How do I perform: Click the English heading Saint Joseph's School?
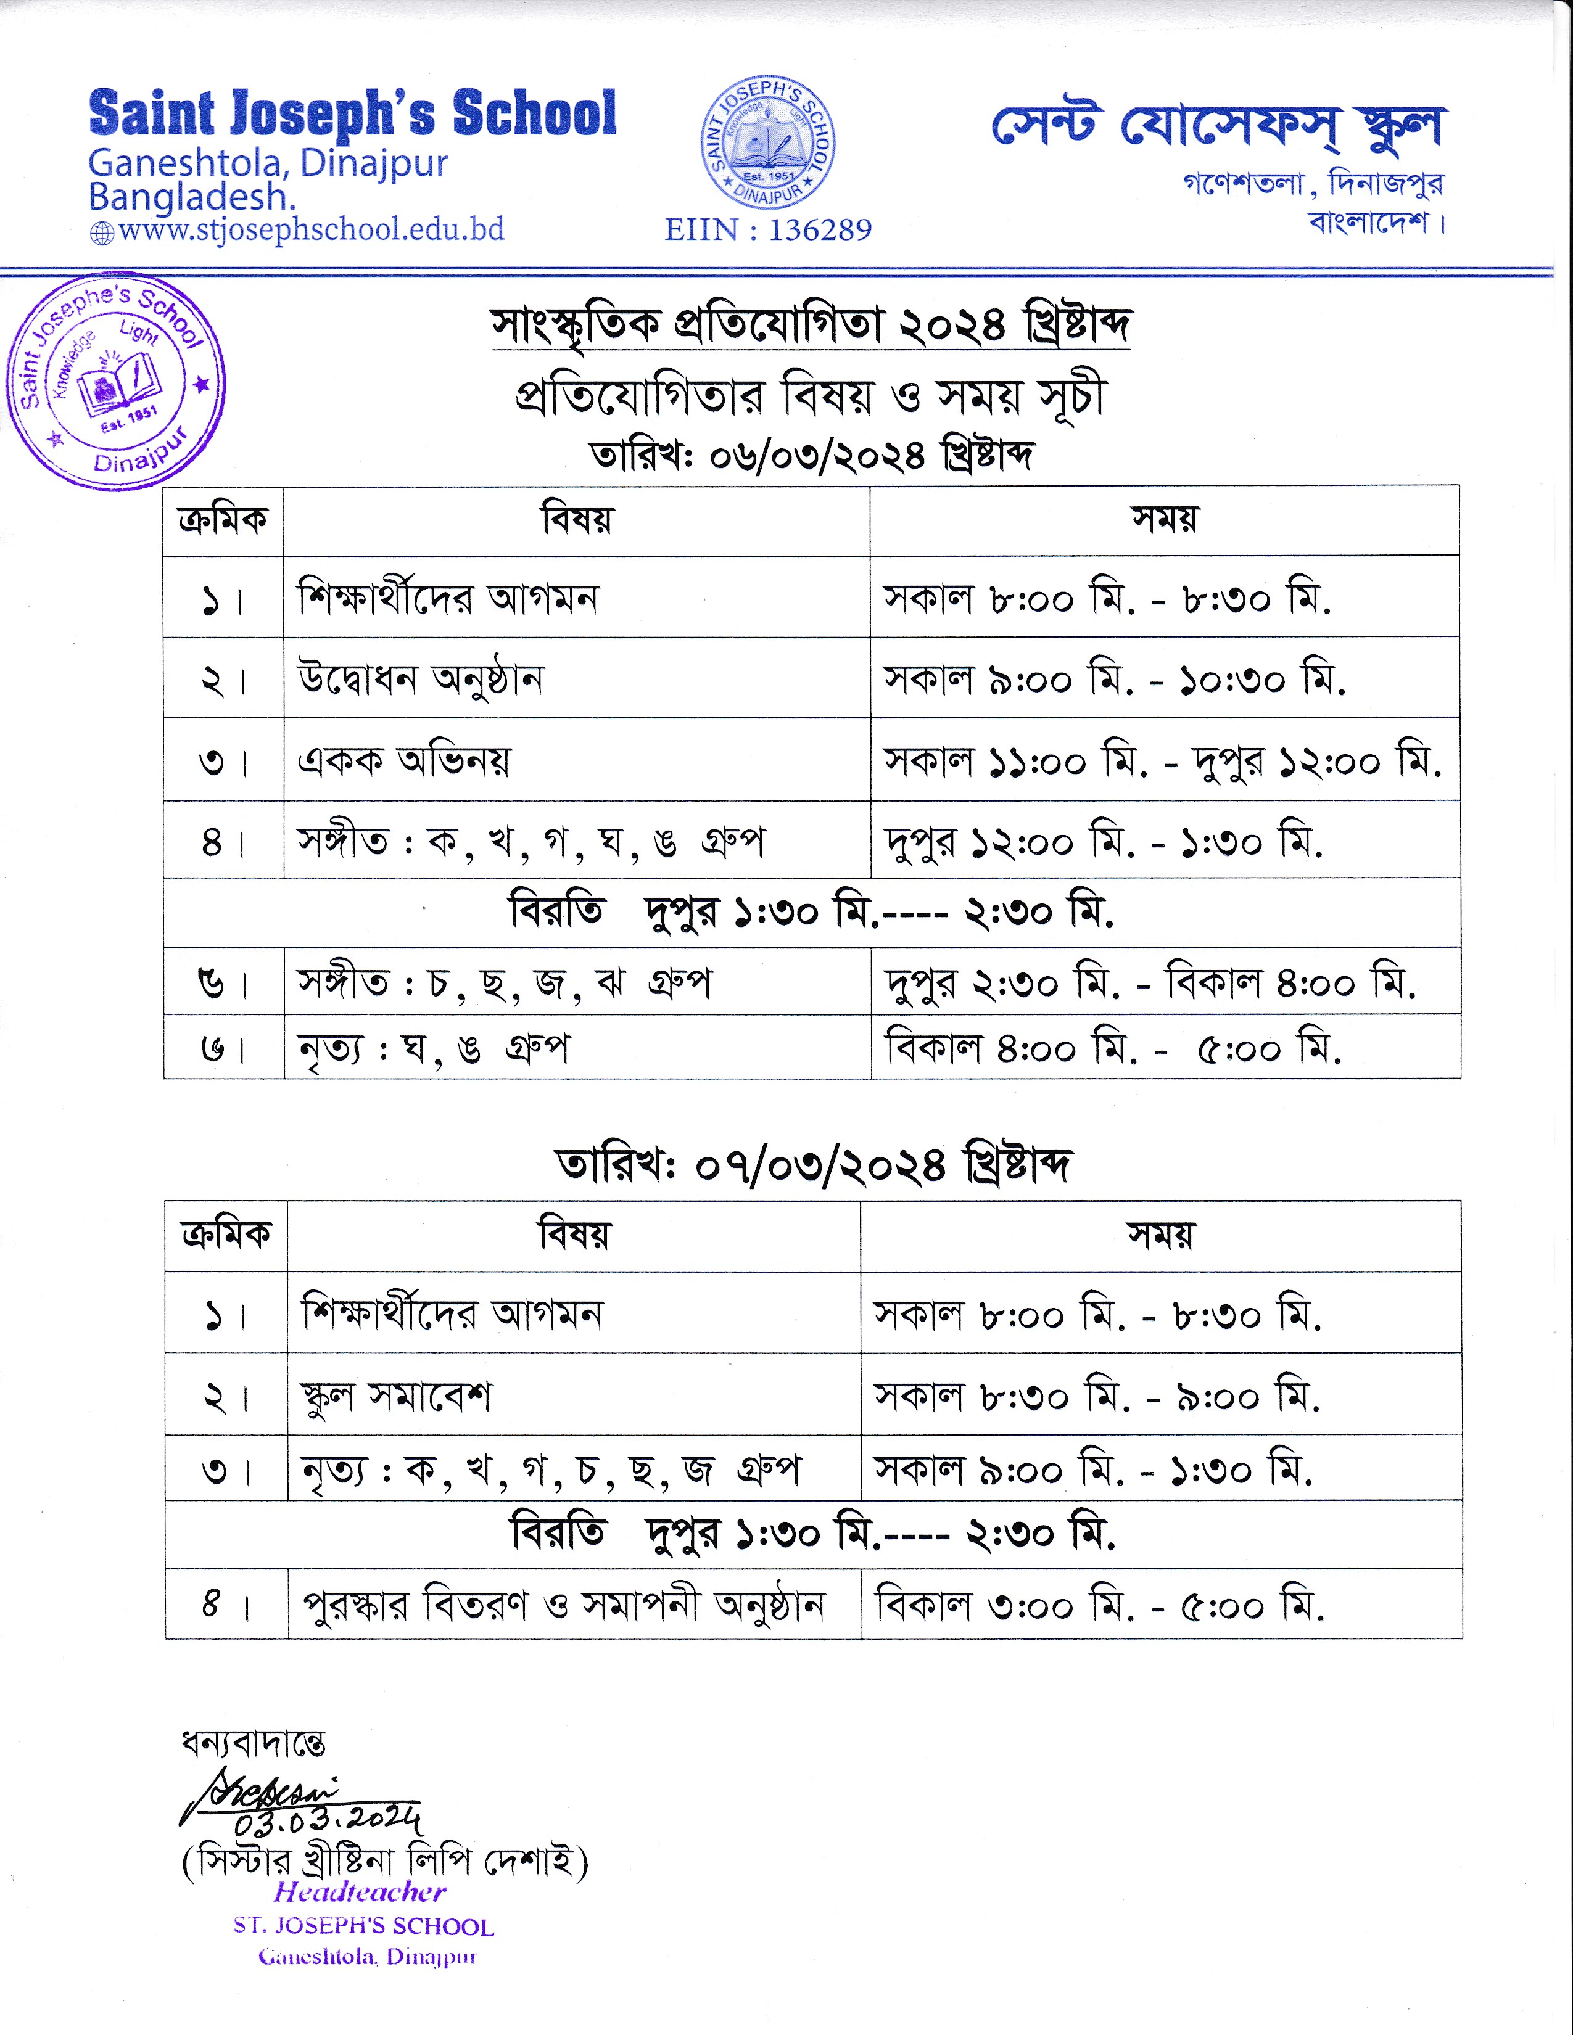352,113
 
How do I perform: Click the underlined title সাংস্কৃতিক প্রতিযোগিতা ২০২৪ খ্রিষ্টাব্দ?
811,325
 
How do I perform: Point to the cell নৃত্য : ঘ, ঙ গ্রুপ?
433,1049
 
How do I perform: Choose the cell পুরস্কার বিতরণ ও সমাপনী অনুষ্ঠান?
564,1605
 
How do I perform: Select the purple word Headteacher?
360,1891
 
